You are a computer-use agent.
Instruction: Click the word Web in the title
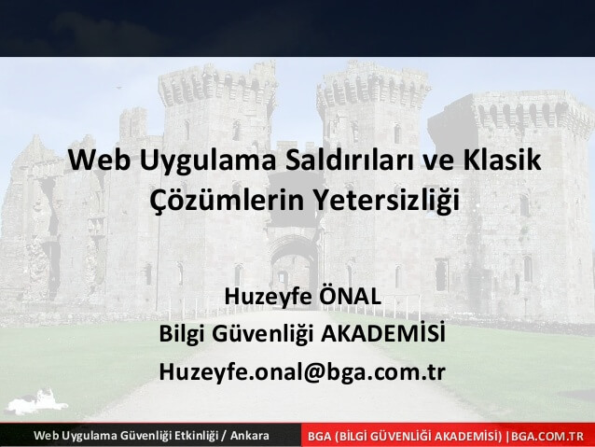point(100,160)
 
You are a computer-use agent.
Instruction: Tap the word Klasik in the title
point(502,160)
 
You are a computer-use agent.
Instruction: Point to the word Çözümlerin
point(227,200)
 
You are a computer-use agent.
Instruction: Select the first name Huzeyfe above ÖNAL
point(268,297)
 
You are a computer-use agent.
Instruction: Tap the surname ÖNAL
point(350,295)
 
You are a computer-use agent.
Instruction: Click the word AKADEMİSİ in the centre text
point(383,333)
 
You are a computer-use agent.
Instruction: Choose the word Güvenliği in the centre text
point(262,334)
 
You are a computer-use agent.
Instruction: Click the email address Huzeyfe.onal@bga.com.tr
point(302,371)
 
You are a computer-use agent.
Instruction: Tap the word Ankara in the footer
point(250,435)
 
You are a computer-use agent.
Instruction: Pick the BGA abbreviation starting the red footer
point(319,436)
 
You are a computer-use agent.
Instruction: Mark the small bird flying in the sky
point(120,88)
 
